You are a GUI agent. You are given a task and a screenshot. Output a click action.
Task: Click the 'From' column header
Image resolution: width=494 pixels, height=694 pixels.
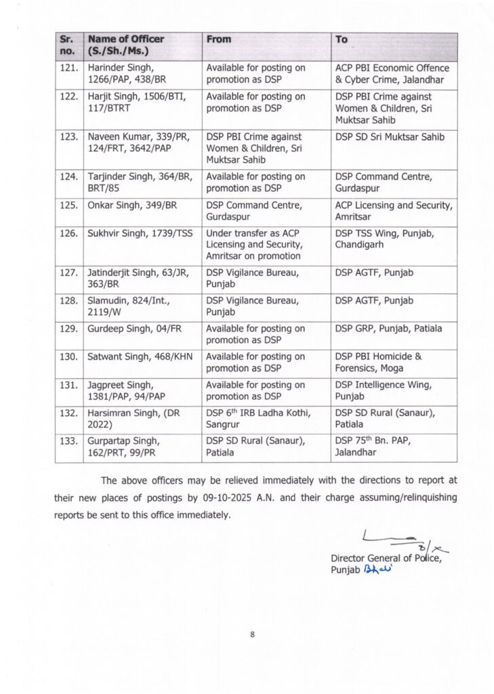(218, 40)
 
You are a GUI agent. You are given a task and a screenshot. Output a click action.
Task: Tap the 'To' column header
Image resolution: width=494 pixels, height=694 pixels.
(342, 40)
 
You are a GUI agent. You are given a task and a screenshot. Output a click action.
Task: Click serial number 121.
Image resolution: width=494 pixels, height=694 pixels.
(69, 68)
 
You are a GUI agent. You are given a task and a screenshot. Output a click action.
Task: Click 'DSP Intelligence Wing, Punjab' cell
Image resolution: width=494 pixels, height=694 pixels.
(383, 390)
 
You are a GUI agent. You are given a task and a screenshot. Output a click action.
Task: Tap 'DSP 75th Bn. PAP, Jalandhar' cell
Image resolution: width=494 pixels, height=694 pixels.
(373, 447)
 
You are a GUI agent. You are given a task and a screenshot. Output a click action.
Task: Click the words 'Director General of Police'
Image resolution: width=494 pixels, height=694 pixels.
(386, 558)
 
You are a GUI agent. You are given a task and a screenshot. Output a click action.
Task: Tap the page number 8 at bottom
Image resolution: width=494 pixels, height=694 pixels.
(251, 635)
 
